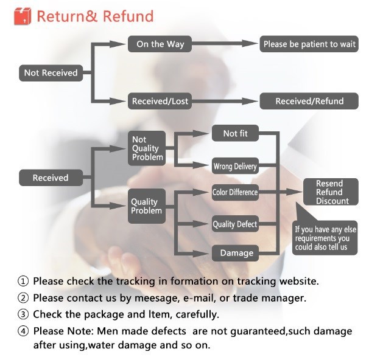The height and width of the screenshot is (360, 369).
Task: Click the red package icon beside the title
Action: tap(23, 16)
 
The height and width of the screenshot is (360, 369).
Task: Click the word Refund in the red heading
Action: tap(128, 16)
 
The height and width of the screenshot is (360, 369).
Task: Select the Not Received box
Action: tap(51, 73)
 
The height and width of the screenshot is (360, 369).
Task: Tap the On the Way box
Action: tap(160, 44)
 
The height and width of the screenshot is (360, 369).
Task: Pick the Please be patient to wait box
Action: tap(309, 44)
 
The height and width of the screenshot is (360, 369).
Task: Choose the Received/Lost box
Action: tap(160, 101)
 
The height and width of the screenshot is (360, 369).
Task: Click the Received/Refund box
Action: tap(309, 101)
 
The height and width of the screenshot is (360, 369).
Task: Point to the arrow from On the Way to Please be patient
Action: tap(225, 43)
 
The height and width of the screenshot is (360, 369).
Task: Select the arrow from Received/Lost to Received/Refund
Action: tap(225, 102)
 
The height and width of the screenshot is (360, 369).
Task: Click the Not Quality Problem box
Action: tap(147, 148)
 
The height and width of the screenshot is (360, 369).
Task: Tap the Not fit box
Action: tap(235, 133)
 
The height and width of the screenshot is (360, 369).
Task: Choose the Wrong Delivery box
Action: tap(235, 166)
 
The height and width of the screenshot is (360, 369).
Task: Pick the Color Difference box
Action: tap(235, 192)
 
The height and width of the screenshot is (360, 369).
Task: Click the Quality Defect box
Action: tap(235, 224)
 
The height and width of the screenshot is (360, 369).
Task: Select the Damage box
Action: tap(235, 253)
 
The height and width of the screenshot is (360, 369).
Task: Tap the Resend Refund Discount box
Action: tap(331, 192)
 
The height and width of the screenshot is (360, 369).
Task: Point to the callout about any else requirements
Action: tap(325, 238)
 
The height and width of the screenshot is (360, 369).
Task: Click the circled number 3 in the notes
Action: tap(23, 314)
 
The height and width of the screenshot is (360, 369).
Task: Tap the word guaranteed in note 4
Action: tap(258, 331)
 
